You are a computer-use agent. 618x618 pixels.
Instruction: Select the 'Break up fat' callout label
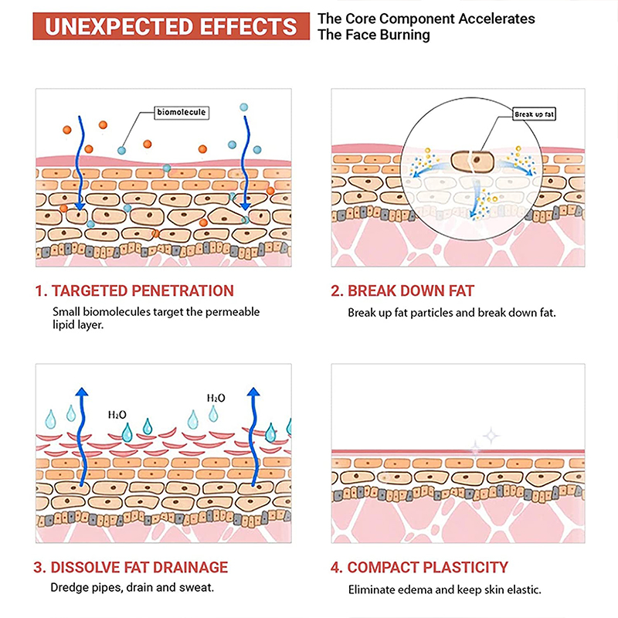click(535, 114)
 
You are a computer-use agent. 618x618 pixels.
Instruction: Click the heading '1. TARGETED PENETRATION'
click(134, 291)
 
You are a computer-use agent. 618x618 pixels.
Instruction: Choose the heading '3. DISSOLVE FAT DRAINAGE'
click(131, 568)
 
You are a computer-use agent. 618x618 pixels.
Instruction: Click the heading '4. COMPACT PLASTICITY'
click(419, 568)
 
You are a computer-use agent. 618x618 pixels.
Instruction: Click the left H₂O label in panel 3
click(117, 415)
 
